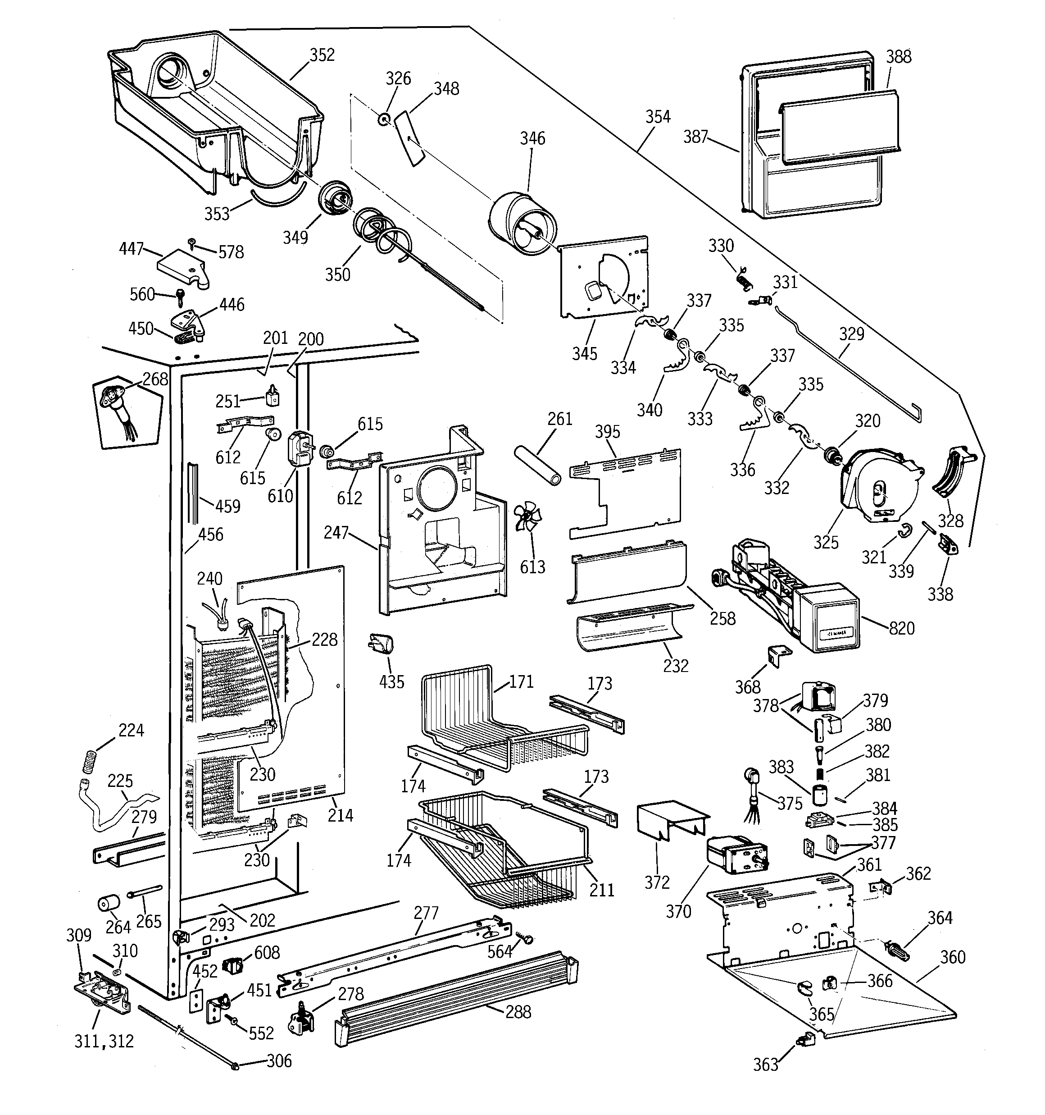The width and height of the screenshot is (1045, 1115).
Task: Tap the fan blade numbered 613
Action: [x=527, y=516]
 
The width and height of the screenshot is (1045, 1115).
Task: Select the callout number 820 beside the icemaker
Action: [x=901, y=628]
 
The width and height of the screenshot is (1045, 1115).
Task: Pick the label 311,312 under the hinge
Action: [x=104, y=1042]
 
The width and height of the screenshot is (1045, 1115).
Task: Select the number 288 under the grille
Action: [x=518, y=1012]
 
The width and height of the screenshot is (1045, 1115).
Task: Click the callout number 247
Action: [x=336, y=532]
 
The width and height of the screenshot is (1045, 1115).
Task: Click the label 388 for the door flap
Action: [x=898, y=57]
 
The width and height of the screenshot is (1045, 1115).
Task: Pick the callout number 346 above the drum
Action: [x=532, y=138]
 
